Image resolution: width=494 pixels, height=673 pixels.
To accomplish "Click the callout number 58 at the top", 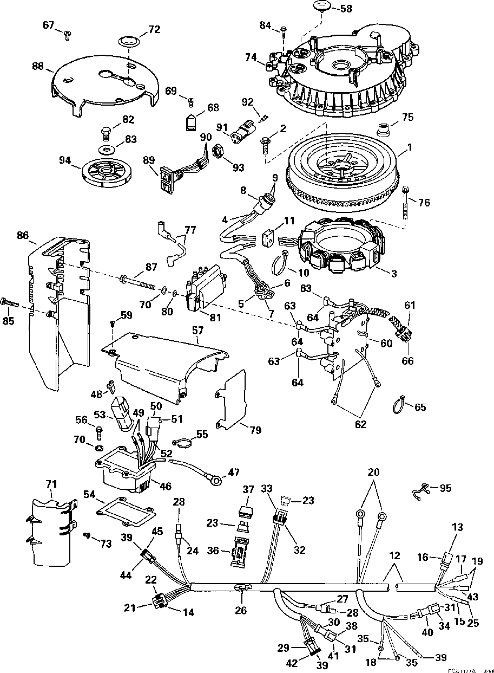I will (345, 9).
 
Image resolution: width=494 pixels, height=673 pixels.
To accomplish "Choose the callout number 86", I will (23, 236).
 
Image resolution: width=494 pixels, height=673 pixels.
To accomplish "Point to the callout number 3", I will (393, 274).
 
